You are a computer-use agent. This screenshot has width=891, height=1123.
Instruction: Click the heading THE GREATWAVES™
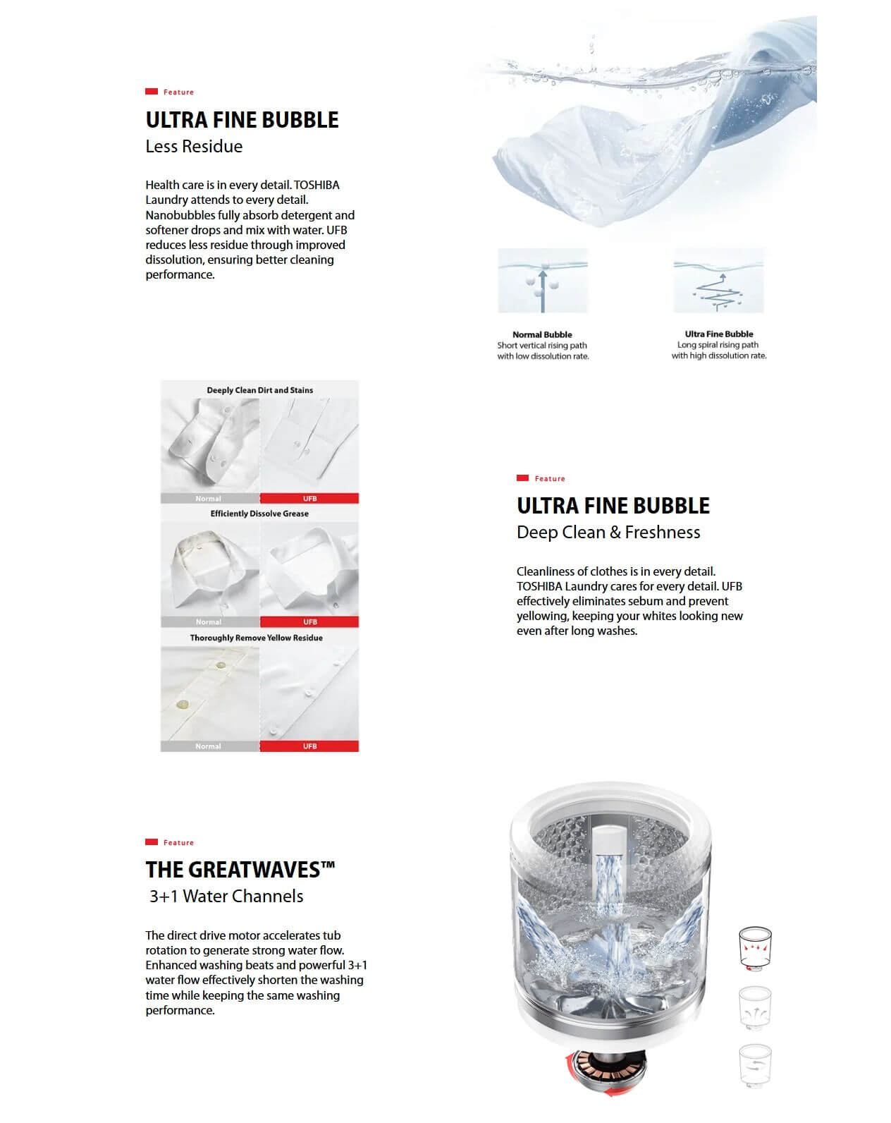point(240,869)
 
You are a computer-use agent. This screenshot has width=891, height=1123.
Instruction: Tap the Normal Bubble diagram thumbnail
point(542,281)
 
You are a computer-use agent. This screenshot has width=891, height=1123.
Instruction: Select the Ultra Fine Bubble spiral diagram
point(718,281)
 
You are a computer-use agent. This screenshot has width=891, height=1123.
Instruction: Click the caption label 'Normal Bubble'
point(542,334)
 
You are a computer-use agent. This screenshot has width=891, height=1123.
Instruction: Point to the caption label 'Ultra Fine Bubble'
point(718,334)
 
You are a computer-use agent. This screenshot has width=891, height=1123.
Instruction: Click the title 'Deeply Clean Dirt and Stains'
point(259,390)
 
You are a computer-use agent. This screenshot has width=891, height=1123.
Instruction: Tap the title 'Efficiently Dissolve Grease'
point(259,514)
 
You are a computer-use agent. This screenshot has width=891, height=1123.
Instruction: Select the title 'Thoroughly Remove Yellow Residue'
point(256,638)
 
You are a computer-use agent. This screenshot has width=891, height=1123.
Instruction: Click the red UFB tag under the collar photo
point(309,622)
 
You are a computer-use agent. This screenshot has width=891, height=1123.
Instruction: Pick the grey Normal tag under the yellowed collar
point(209,622)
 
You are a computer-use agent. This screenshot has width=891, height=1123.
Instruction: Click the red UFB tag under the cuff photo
point(309,499)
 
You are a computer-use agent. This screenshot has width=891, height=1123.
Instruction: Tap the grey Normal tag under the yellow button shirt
point(209,746)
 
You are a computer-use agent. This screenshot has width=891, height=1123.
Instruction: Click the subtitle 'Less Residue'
point(194,147)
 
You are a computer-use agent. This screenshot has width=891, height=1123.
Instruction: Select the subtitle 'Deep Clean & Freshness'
point(608,533)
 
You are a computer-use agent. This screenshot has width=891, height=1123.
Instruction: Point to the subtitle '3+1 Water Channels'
point(226,897)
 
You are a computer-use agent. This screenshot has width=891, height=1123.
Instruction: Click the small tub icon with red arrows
point(754,948)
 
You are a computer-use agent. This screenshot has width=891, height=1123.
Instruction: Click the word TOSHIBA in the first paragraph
point(317,185)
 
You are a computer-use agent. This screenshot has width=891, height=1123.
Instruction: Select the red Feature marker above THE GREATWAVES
point(152,842)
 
